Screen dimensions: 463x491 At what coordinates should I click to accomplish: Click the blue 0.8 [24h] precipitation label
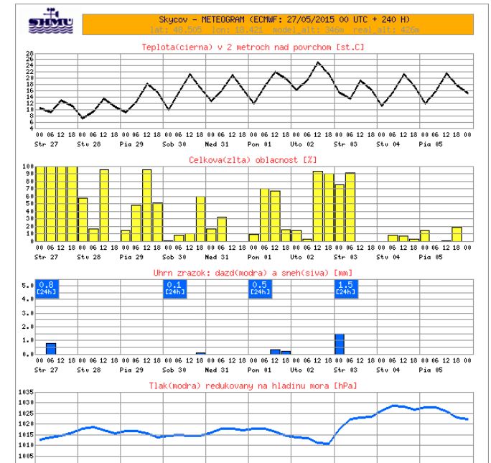47,288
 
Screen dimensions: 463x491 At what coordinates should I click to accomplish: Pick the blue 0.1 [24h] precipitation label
174,288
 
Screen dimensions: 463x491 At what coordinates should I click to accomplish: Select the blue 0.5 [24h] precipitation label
258,288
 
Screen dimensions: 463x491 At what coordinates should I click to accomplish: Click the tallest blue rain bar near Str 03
340,344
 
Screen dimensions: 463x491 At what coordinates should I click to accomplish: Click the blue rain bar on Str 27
50,349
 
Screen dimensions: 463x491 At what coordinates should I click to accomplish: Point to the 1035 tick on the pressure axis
26,394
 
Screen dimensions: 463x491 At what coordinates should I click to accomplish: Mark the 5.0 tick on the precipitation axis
27,286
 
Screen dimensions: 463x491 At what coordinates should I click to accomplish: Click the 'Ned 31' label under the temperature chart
215,141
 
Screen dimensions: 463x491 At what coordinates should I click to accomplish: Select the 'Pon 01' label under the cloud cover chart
258,255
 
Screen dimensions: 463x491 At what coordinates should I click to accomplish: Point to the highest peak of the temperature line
318,62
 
